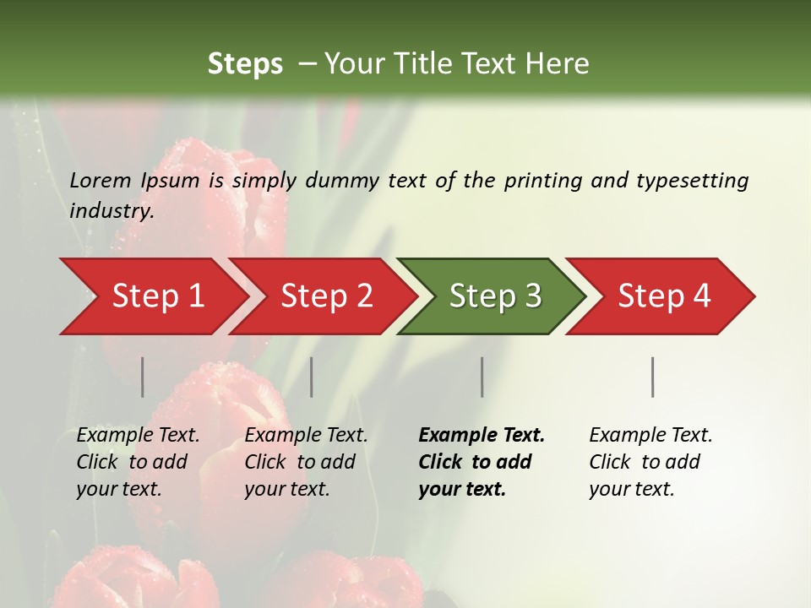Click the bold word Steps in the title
point(245,64)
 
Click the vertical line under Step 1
point(142,377)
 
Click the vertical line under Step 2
point(312,377)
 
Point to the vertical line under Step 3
point(482,377)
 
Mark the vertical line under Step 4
point(652,377)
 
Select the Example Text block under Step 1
point(138,462)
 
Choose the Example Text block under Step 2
point(306,462)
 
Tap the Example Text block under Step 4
point(650,462)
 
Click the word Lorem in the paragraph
point(101,181)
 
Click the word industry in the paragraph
point(111,211)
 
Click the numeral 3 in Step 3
point(532,296)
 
